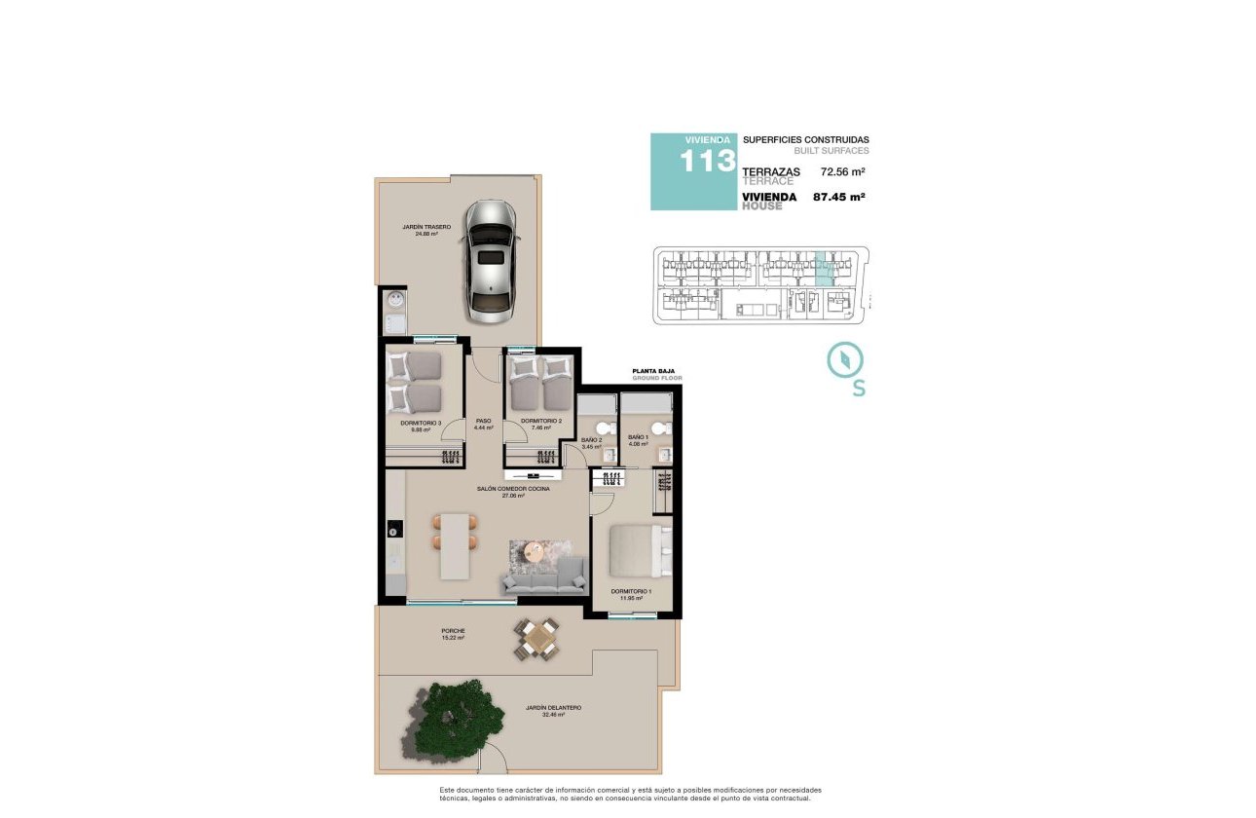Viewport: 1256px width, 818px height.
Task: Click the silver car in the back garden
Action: tap(490, 261)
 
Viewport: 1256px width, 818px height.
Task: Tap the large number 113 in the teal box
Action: tap(707, 162)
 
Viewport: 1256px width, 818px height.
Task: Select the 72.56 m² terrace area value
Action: tap(843, 171)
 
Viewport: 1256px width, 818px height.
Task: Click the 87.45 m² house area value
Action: tap(839, 197)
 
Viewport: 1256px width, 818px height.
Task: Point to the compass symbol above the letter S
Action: tap(844, 359)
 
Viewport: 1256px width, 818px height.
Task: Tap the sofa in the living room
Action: tap(544, 580)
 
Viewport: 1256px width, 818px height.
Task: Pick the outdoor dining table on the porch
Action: tap(536, 640)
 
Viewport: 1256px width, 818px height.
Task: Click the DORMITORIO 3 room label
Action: tap(421, 423)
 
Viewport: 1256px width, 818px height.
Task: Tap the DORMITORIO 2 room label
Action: tap(541, 422)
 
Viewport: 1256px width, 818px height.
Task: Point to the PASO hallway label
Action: tap(483, 422)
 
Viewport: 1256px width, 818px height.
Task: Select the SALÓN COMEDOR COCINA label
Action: tap(513, 488)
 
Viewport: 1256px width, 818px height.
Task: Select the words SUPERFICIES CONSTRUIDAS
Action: tap(806, 140)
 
